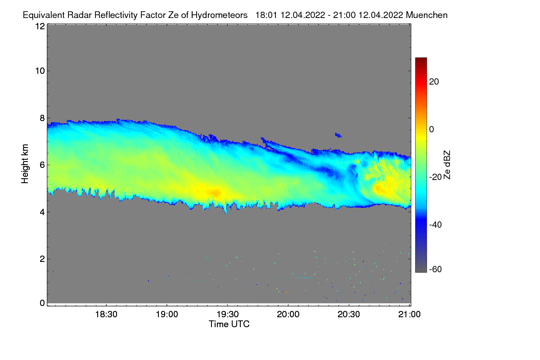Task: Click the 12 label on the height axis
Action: coord(40,26)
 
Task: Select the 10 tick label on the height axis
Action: coord(40,71)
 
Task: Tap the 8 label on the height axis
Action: coord(42,118)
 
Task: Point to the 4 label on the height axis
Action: coord(42,211)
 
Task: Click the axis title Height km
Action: coord(25,164)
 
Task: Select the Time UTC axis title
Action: coord(229,324)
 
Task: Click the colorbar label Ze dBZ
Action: coord(447,164)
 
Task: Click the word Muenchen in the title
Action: coord(427,15)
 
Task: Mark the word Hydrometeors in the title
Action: coord(220,15)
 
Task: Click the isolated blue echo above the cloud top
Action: coord(338,135)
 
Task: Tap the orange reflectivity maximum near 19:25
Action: coord(214,193)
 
